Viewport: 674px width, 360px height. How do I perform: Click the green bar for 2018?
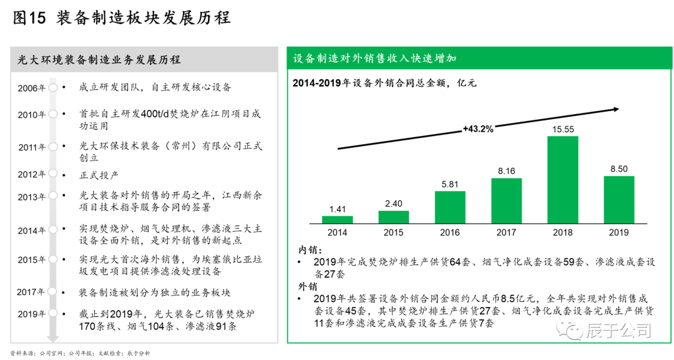click(562, 180)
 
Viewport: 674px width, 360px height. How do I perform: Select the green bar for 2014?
click(337, 220)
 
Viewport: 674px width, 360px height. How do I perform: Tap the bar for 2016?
click(450, 207)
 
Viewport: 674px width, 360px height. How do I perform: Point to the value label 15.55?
click(562, 129)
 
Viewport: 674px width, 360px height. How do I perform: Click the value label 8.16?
click(506, 171)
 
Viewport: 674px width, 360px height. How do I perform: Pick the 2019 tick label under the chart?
click(618, 233)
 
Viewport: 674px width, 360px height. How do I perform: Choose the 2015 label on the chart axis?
click(393, 233)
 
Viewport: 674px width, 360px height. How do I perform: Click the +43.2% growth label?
click(478, 129)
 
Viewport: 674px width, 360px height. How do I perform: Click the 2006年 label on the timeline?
click(32, 88)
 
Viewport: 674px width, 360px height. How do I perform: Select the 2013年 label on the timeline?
click(32, 197)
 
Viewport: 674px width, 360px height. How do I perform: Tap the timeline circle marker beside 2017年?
click(53, 291)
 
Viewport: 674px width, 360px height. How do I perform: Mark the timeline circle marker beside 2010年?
click(53, 114)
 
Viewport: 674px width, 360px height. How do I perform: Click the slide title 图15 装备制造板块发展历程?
click(121, 18)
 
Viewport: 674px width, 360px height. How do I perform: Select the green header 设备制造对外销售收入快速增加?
click(374, 58)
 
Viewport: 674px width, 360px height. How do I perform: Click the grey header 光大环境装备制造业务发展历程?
click(99, 60)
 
